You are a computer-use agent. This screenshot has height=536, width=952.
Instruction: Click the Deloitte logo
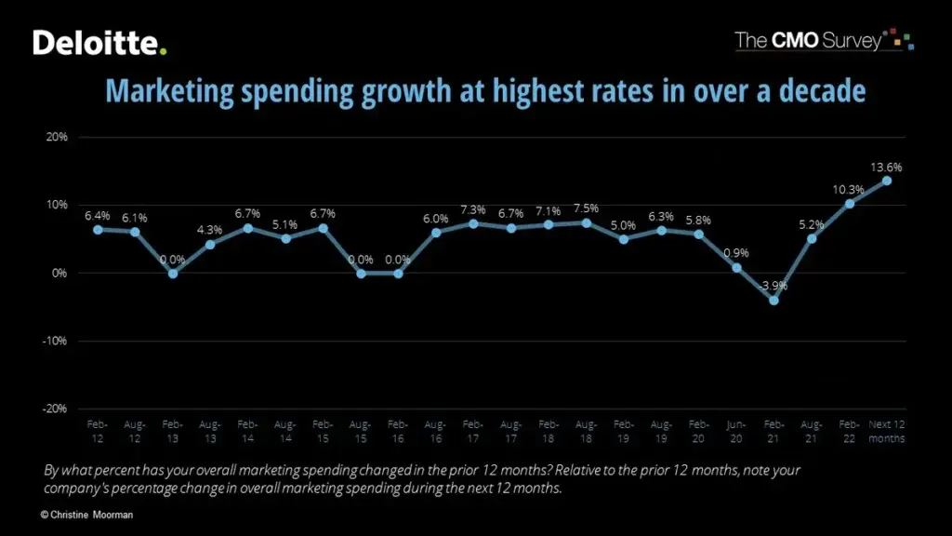[100, 42]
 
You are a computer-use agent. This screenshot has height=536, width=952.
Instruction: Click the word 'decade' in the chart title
[815, 91]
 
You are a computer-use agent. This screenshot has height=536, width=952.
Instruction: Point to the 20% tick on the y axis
[57, 137]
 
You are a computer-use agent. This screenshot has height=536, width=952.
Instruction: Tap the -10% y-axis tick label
[55, 341]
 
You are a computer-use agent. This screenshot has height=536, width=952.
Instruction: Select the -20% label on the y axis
[55, 409]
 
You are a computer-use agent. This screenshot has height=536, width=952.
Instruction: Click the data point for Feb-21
[773, 300]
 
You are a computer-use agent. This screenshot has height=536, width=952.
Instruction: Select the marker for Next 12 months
[887, 181]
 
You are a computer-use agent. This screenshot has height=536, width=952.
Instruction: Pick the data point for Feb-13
[172, 274]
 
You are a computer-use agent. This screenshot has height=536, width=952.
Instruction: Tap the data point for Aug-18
[586, 222]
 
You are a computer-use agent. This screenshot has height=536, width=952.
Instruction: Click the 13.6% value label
[887, 167]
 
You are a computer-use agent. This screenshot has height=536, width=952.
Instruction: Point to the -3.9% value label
[773, 286]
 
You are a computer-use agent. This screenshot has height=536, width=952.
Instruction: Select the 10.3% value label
[849, 190]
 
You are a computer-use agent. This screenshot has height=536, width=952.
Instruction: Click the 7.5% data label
[586, 208]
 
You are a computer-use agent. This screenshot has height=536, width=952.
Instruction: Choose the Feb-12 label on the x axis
[97, 431]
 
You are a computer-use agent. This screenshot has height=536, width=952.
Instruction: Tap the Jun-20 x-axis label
[736, 431]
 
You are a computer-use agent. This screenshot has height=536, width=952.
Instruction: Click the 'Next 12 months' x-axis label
[887, 431]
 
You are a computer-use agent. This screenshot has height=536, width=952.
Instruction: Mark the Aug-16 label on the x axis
[435, 431]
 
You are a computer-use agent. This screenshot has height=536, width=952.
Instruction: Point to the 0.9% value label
[736, 253]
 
